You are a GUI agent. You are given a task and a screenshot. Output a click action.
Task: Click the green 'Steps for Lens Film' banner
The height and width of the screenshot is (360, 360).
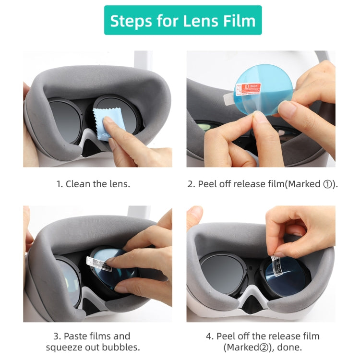point(183,20)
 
